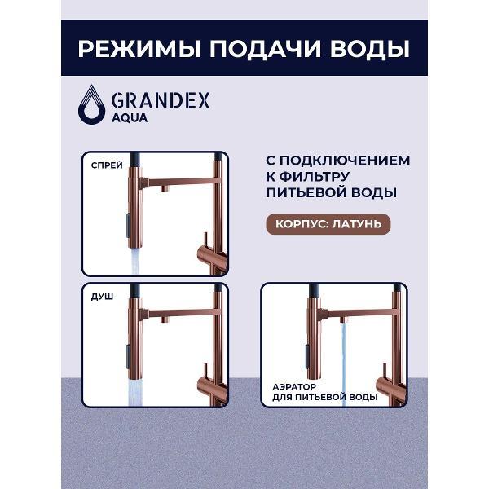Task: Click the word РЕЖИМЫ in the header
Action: tap(139, 49)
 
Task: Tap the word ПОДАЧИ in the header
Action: tap(265, 49)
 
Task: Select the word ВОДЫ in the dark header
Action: tap(369, 49)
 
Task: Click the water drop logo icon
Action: tap(91, 105)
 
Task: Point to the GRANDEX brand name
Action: tap(161, 101)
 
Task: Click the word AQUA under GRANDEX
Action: tap(130, 118)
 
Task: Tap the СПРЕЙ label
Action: tap(107, 165)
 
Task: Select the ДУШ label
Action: tap(103, 297)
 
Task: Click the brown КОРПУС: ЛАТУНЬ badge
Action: tap(328, 224)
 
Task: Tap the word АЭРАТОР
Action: tap(294, 387)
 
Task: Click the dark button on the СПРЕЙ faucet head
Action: tap(128, 225)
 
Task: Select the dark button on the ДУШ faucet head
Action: tap(128, 356)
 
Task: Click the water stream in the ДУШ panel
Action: tap(135, 392)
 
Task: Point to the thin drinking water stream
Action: tap(343, 363)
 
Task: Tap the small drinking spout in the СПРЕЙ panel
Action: tap(165, 188)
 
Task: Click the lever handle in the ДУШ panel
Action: tap(206, 374)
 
